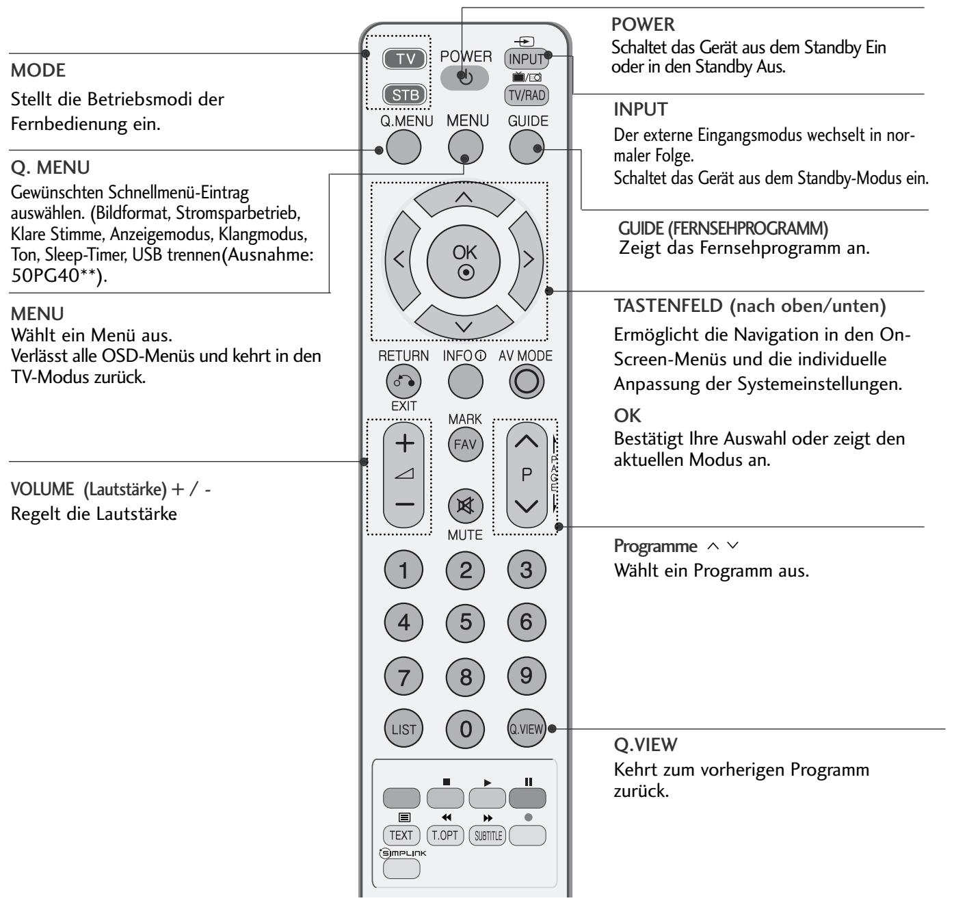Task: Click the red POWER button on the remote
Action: tap(465, 78)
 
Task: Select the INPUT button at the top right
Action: tap(526, 59)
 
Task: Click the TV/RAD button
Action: tap(526, 95)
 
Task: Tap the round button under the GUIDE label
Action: tap(527, 147)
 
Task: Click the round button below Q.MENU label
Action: tap(403, 147)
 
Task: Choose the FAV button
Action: tap(465, 445)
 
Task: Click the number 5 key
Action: tap(465, 622)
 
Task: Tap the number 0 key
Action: tap(465, 729)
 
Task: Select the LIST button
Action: tap(403, 729)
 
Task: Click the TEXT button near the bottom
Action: tap(401, 835)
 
